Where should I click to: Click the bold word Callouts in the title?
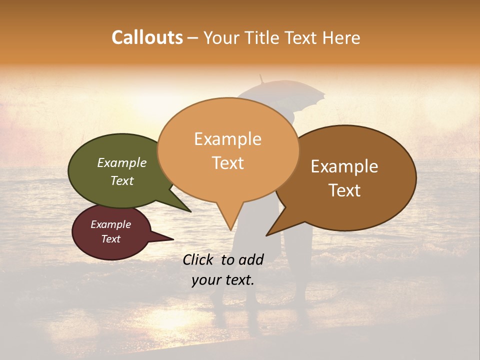(147, 37)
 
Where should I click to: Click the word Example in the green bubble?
(121, 162)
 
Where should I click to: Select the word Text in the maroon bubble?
(110, 239)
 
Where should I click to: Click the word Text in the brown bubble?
(344, 190)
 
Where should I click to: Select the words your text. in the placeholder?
(223, 279)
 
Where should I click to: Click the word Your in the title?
(222, 37)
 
